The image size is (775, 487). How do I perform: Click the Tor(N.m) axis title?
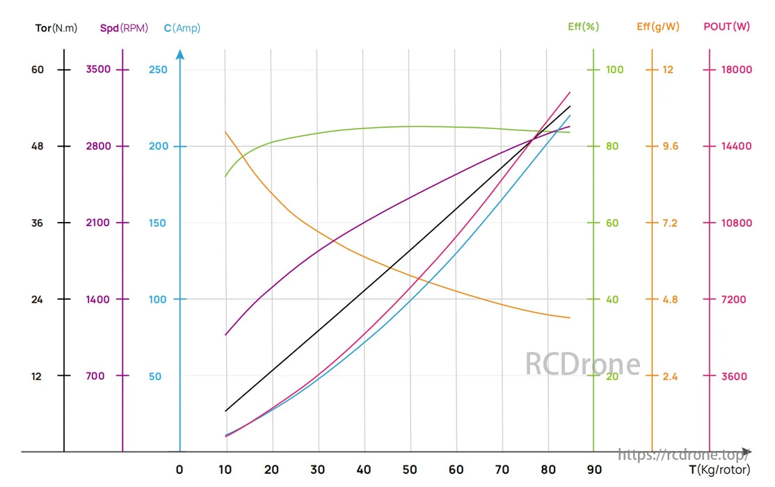point(56,29)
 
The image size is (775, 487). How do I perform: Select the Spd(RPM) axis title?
point(124,29)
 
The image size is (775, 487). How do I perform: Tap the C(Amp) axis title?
point(182,29)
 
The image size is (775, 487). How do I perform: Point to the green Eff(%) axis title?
point(583,27)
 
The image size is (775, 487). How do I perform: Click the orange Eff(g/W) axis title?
point(657,27)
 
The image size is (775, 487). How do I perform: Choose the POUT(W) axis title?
point(726,27)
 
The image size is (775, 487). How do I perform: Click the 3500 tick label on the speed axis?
point(98,70)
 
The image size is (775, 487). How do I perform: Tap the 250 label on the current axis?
point(159,70)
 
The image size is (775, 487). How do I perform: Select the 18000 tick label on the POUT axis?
point(737,70)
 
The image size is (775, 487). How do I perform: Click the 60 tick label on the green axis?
point(613,223)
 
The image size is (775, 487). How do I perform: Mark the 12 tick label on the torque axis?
point(37,376)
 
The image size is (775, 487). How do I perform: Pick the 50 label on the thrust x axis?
point(410,470)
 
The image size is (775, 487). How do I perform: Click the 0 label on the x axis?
point(179,470)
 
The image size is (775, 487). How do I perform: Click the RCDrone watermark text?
point(582,364)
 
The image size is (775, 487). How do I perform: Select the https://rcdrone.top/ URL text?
point(683,455)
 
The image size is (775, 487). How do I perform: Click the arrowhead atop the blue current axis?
point(180,54)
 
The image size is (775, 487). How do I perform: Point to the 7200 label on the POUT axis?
point(734,300)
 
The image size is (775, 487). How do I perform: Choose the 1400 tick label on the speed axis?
point(98,300)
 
